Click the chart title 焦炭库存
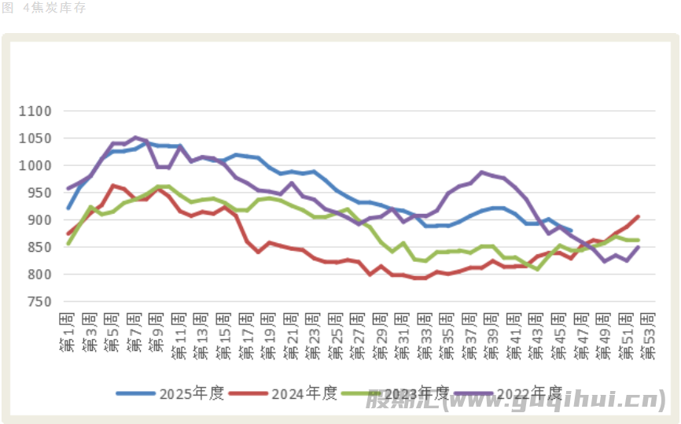point(57,8)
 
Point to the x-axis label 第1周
point(68,331)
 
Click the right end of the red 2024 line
point(638,216)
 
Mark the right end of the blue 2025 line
point(571,230)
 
